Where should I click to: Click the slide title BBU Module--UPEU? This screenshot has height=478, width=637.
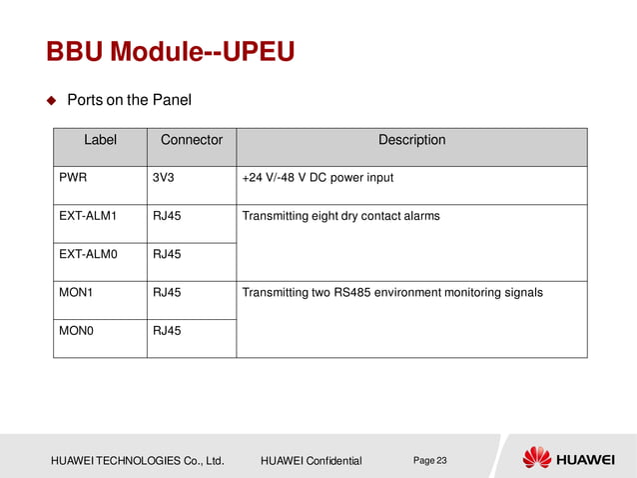point(171,51)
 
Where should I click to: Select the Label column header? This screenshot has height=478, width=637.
point(100,140)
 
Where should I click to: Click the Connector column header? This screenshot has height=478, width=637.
point(192,140)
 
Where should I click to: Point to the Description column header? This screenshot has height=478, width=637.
point(411,140)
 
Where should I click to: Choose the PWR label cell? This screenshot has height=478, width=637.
point(73,178)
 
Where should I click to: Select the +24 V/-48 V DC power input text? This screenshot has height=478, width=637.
point(318,178)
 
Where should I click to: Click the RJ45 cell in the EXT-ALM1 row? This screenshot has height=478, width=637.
point(167,216)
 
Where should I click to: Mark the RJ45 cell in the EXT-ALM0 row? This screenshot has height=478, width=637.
point(167,254)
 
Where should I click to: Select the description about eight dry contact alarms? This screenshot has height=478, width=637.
point(340,216)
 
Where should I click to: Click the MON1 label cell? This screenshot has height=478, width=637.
point(76,292)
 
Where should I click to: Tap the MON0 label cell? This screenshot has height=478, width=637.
point(76,330)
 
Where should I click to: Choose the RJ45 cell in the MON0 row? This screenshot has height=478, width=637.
point(167,330)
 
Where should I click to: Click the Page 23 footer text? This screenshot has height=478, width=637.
point(430,460)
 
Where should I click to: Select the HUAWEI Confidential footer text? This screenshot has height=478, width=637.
point(311,461)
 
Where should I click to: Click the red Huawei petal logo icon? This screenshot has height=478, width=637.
point(537,458)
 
